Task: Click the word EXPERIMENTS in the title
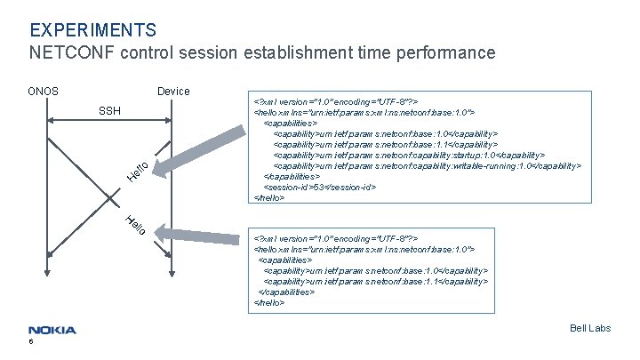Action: [x=92, y=31]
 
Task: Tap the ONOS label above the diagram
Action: [x=43, y=92]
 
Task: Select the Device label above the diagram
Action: [x=172, y=92]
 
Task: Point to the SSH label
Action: [x=109, y=111]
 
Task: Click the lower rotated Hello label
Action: [x=135, y=228]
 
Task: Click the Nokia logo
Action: [x=52, y=330]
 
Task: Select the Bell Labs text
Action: [x=590, y=328]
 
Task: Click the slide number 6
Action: [x=31, y=342]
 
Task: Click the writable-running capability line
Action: [x=427, y=165]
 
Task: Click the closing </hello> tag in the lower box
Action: [x=269, y=302]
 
